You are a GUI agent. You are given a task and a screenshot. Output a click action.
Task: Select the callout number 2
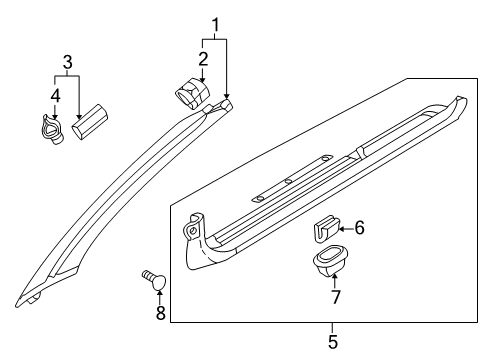click(203, 59)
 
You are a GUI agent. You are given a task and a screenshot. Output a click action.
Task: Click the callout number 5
click(333, 342)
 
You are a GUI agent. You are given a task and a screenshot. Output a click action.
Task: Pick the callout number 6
click(359, 229)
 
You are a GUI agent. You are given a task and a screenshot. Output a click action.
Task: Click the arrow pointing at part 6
click(345, 229)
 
